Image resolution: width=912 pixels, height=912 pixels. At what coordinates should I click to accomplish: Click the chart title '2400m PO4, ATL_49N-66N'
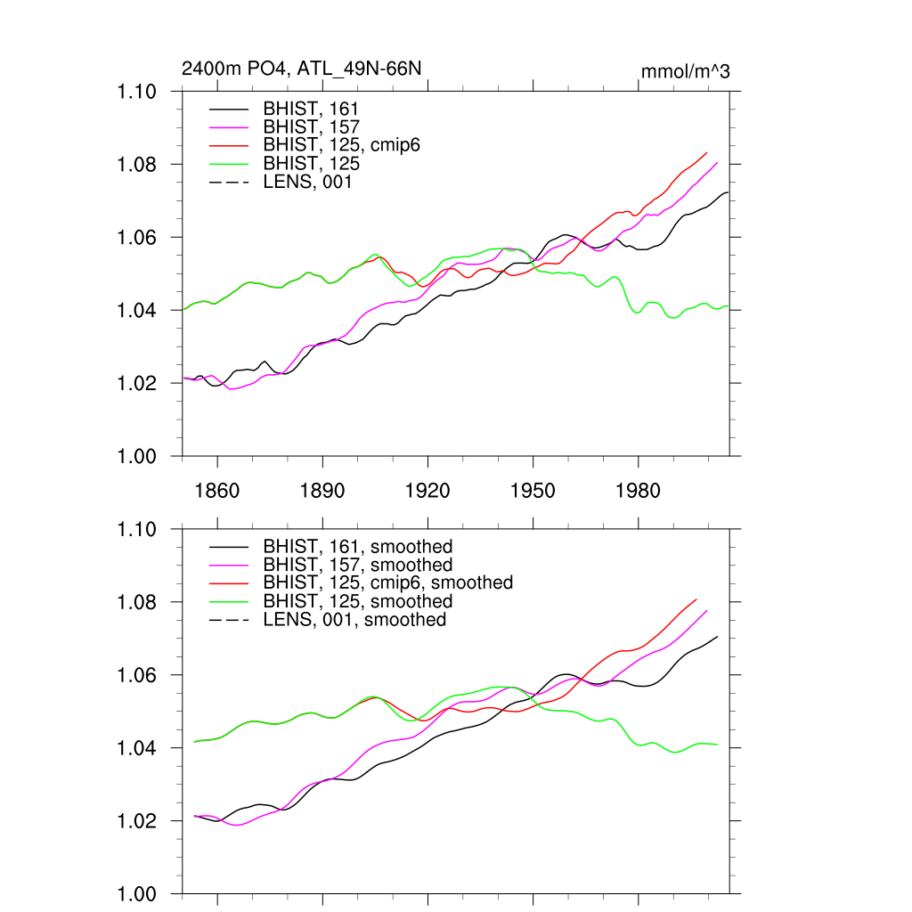click(x=301, y=69)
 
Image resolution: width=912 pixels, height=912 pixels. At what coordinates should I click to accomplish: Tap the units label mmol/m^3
click(x=686, y=71)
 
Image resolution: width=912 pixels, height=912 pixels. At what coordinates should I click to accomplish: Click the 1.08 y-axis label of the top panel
click(x=138, y=165)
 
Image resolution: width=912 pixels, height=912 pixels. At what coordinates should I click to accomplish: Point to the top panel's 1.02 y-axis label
click(x=138, y=384)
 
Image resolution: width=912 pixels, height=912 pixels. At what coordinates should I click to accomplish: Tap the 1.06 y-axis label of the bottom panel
click(x=138, y=676)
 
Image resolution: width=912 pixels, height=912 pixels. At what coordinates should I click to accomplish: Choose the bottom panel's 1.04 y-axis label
click(x=138, y=749)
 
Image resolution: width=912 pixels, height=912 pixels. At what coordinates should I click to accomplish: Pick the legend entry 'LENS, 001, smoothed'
click(x=354, y=619)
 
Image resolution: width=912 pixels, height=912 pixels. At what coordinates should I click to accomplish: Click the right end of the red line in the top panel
click(x=707, y=152)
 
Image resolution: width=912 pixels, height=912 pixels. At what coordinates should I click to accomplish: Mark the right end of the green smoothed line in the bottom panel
click(x=717, y=745)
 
